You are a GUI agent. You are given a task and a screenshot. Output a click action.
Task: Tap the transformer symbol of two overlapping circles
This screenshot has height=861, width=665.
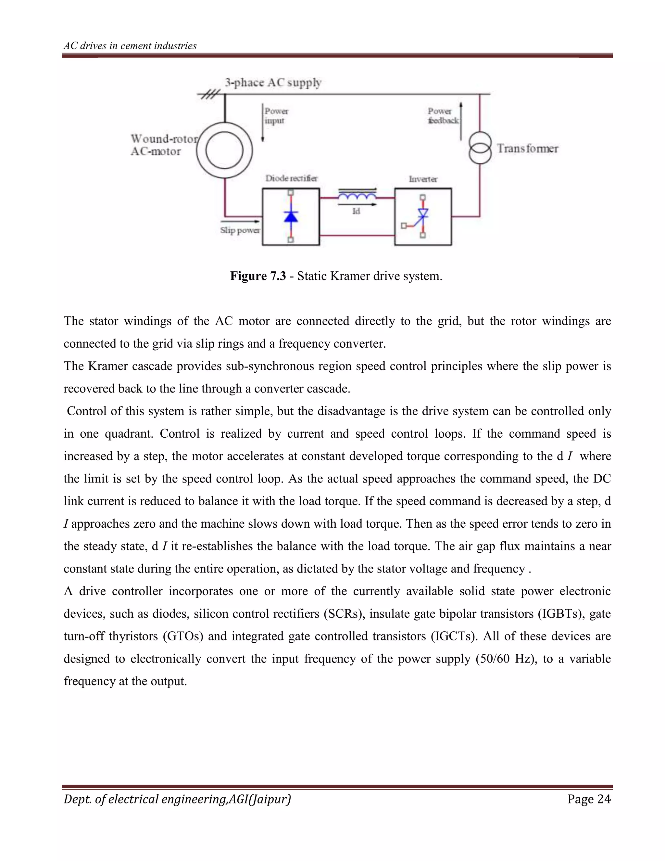pyautogui.click(x=480, y=148)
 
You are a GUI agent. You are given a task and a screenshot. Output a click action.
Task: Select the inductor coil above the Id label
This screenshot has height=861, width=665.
pyautogui.click(x=357, y=196)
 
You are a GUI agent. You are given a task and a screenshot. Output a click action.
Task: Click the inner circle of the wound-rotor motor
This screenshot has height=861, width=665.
pyautogui.click(x=224, y=151)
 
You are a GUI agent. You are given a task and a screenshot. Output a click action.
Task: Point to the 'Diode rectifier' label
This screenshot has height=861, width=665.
pyautogui.click(x=291, y=178)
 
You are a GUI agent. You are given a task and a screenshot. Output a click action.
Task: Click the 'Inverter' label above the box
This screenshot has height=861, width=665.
pyautogui.click(x=423, y=179)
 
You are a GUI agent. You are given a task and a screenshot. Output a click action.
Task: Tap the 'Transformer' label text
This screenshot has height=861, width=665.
pyautogui.click(x=527, y=148)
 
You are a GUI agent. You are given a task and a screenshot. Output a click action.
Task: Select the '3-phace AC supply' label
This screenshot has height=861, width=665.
pyautogui.click(x=273, y=83)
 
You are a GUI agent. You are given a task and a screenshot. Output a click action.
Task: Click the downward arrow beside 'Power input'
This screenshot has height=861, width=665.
pyautogui.click(x=263, y=122)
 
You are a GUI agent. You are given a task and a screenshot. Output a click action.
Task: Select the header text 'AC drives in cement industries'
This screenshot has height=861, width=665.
pyautogui.click(x=130, y=46)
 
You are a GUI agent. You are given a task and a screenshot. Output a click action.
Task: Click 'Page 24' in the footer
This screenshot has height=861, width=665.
pyautogui.click(x=589, y=799)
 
